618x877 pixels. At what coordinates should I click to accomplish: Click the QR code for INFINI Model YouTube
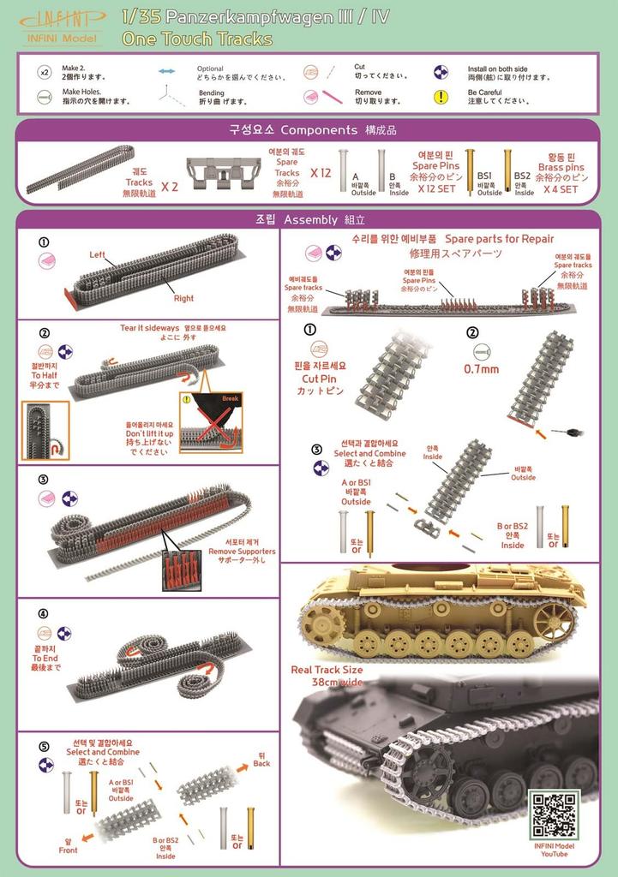pos(554,814)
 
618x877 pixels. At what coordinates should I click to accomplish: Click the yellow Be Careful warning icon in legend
pos(441,97)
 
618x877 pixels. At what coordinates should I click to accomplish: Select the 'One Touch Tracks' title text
pos(197,39)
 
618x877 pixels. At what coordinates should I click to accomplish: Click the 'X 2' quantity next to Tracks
pos(170,183)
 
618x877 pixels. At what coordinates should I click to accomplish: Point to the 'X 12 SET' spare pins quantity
pos(435,189)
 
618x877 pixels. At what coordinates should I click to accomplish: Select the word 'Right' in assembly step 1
pos(183,299)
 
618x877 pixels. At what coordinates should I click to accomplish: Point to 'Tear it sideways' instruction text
pos(150,328)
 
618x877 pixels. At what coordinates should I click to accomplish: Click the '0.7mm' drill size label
pos(481,370)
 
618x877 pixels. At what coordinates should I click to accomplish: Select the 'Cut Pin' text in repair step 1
pos(322,378)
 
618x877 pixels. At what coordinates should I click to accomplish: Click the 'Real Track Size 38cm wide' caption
pos(327,676)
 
